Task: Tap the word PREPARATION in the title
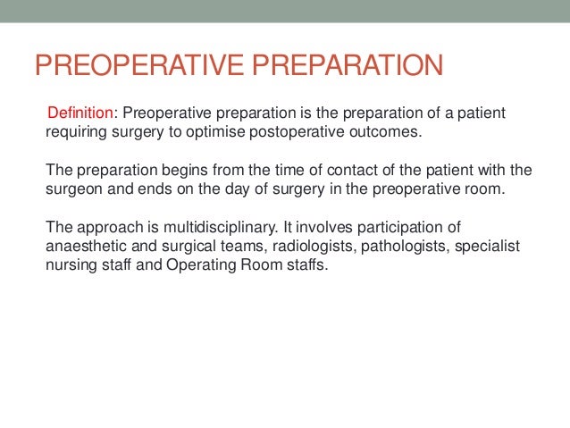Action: tap(348, 67)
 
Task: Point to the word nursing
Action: tap(71, 265)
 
